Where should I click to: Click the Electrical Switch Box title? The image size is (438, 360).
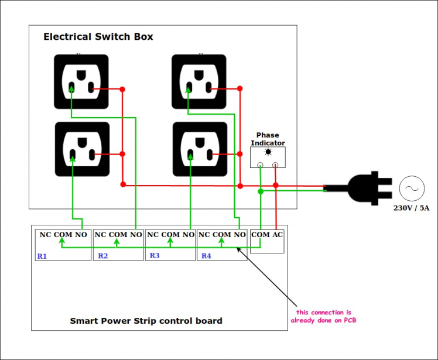coord(98,37)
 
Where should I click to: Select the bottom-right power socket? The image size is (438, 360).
coord(200,149)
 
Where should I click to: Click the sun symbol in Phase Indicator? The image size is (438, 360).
coord(268,152)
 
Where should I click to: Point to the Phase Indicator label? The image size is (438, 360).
coord(268,139)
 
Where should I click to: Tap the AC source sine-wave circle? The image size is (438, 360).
coord(411,188)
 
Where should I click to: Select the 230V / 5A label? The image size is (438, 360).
coord(411,207)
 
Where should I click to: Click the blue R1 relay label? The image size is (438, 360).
coord(42,256)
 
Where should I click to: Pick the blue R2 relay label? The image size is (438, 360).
coord(103,256)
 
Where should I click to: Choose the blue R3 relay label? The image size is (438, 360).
coord(155,255)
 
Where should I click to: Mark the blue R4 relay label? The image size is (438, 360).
coord(206,256)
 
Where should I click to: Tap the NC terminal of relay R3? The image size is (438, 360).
coord(153,235)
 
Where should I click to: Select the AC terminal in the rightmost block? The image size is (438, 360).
coord(277,235)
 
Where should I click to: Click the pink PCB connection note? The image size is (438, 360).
coord(323,316)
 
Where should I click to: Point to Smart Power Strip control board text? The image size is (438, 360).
coord(146,321)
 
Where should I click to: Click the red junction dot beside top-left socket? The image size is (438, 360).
coord(122,90)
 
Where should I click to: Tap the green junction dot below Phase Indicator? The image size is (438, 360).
coord(261,191)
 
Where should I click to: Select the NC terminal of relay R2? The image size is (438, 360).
coord(100,235)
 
